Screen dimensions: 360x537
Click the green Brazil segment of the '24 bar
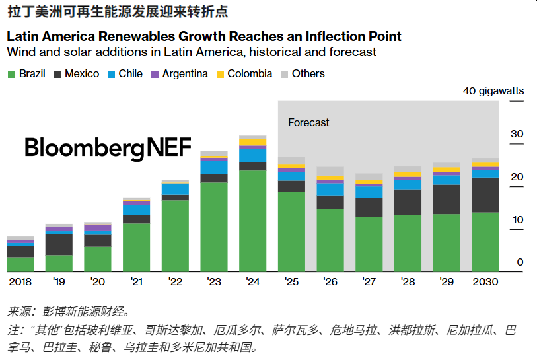tap(252, 221)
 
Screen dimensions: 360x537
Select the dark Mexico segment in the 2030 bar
tap(485, 195)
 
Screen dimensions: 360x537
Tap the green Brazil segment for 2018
tap(20, 264)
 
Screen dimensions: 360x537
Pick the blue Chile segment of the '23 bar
tap(213, 167)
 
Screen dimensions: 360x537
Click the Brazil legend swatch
tap(11, 74)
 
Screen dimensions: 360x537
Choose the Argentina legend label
tap(185, 74)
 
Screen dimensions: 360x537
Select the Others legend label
tap(308, 74)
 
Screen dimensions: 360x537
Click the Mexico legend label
tap(82, 74)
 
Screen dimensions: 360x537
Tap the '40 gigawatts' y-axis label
tap(493, 90)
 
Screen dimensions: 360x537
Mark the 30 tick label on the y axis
tap(517, 134)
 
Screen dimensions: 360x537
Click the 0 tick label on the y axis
tap(520, 263)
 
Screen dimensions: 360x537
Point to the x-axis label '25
tap(291, 281)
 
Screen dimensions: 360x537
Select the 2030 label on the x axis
tap(485, 281)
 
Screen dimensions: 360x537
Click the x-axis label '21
tap(136, 281)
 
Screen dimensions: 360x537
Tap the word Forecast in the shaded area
tap(308, 122)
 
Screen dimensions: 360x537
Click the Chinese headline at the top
tap(119, 11)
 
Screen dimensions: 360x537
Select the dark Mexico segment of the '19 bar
tap(59, 244)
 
